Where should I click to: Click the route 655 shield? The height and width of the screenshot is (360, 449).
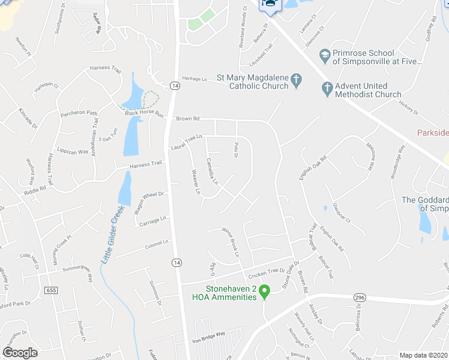(52, 290)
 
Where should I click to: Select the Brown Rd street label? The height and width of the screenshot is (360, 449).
(187, 119)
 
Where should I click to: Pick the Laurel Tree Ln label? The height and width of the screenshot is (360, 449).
(187, 142)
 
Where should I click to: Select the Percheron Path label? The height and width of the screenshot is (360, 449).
(77, 113)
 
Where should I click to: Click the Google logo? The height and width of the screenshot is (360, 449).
(20, 353)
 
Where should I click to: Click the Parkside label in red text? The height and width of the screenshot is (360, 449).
(433, 131)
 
